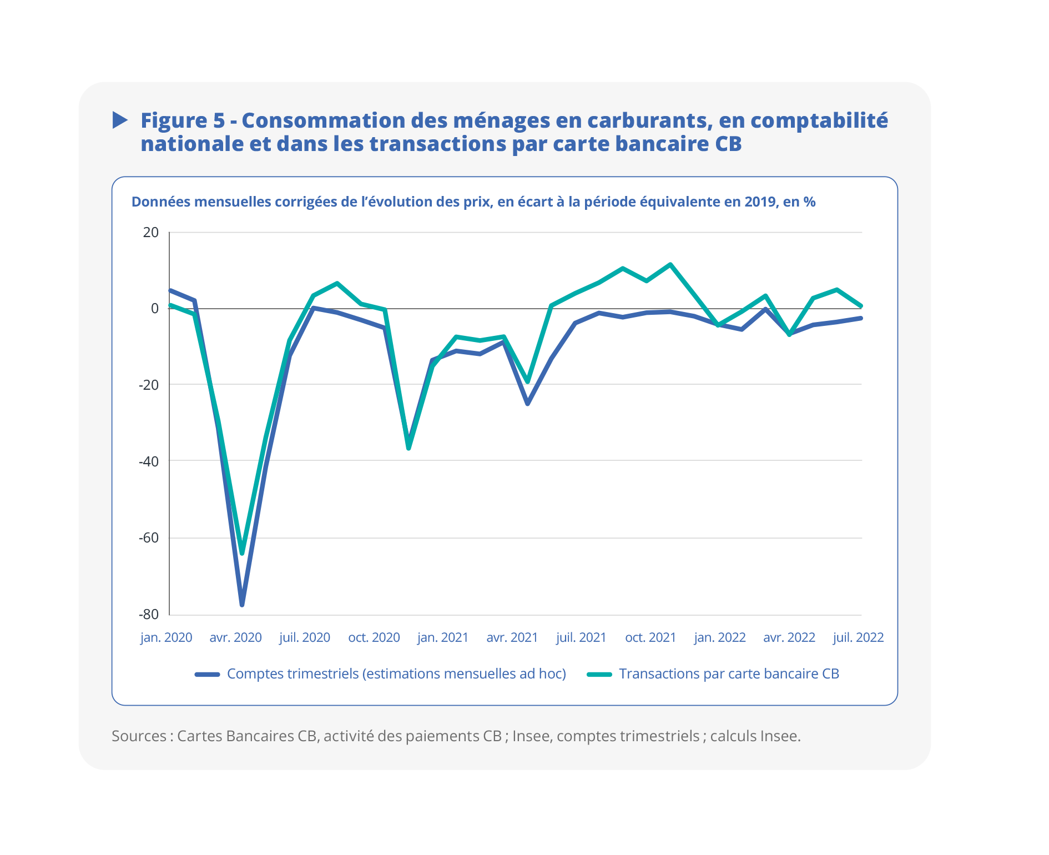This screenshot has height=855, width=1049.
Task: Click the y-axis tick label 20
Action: (150, 232)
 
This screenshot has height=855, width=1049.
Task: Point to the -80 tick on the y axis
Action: (149, 614)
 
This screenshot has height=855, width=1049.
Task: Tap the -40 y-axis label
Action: (149, 461)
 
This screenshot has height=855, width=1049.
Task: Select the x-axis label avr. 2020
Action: (235, 637)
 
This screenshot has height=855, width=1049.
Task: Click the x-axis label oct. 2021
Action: (650, 637)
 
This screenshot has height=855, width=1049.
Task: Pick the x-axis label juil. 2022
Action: (858, 637)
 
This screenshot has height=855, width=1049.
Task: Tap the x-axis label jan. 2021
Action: (443, 637)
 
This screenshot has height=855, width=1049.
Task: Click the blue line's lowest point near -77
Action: (242, 604)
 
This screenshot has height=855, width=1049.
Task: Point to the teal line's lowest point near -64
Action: (242, 553)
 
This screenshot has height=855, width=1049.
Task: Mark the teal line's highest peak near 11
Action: (670, 264)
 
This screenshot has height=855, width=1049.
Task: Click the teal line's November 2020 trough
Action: (408, 447)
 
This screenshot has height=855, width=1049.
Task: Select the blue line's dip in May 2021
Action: (528, 404)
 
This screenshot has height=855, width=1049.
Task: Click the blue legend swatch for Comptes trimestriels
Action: (208, 675)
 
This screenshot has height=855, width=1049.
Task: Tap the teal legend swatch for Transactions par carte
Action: (599, 675)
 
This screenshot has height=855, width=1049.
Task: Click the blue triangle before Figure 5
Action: (120, 120)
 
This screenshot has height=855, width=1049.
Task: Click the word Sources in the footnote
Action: (139, 736)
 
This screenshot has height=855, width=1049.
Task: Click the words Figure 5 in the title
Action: (183, 120)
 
